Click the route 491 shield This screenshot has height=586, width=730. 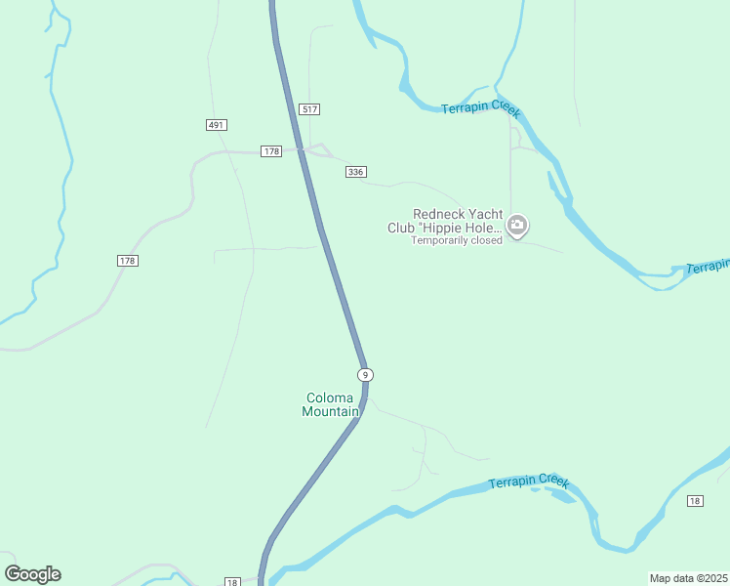click(217, 125)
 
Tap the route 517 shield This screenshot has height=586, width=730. click(310, 109)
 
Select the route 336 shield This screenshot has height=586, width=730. click(355, 172)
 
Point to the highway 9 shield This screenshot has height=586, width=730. click(365, 375)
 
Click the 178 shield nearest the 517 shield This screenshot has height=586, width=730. click(271, 150)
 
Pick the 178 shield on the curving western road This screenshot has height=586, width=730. click(127, 261)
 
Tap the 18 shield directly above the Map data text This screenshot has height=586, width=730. click(694, 501)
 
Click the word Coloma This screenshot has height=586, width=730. click(330, 398)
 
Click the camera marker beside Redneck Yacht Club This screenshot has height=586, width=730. click(517, 227)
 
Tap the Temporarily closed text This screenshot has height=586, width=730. click(456, 240)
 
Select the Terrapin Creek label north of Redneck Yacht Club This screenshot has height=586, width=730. click(480, 106)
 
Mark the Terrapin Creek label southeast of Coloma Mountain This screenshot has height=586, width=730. click(528, 481)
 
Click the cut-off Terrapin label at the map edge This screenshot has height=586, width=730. click(708, 267)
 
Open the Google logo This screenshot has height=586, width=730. click(32, 574)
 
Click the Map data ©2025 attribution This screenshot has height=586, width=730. click(689, 578)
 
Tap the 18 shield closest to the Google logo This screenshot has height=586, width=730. click(232, 581)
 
